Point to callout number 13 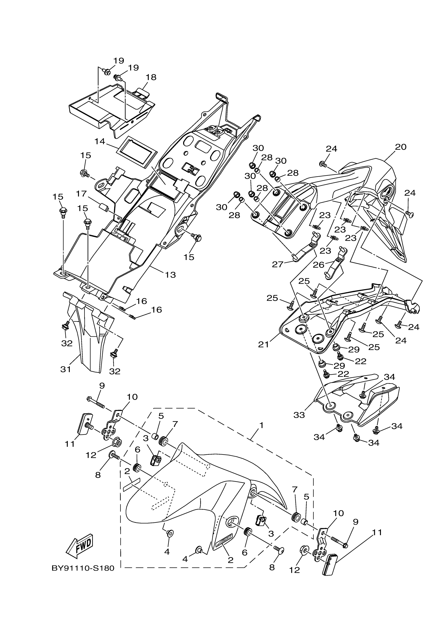pyautogui.click(x=170, y=274)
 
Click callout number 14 pyautogui.click(x=100, y=141)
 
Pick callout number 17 pyautogui.click(x=81, y=194)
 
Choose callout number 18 pyautogui.click(x=151, y=77)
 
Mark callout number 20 pyautogui.click(x=400, y=147)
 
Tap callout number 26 pyautogui.click(x=318, y=265)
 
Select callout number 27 pyautogui.click(x=278, y=264)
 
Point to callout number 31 pyautogui.click(x=66, y=369)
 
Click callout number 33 pyautogui.click(x=299, y=415)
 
